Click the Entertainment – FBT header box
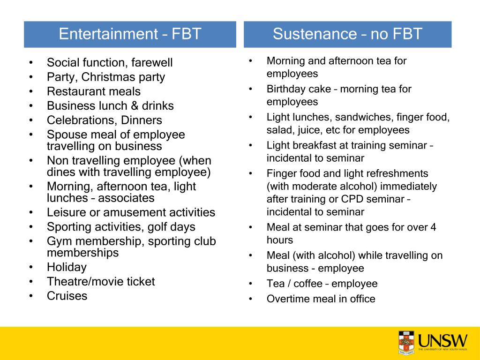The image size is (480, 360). point(130,34)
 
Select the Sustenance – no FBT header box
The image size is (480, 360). point(347,34)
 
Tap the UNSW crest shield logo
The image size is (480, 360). point(406,342)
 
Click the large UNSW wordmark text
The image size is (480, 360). point(443,339)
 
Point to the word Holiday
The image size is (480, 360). point(67,267)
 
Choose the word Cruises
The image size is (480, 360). point(67,296)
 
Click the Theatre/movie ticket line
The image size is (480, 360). point(101,282)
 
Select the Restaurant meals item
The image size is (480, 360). point(94,91)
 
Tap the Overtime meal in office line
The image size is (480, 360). point(321,299)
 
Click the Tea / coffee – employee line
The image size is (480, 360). point(322,284)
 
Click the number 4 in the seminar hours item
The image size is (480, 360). point(433,228)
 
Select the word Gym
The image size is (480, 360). point(57,241)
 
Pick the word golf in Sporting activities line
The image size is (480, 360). point(157,227)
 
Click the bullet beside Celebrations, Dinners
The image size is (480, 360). point(31,120)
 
